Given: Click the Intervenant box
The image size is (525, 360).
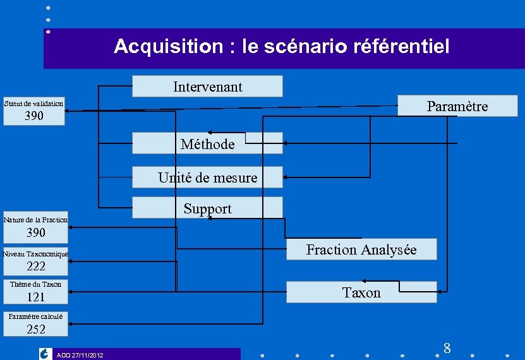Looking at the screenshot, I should tap(207, 87).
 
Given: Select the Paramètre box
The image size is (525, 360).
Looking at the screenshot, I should tap(457, 106).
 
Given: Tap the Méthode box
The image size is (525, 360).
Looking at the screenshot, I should tap(207, 144).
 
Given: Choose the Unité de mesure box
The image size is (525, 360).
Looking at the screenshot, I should tap(207, 178).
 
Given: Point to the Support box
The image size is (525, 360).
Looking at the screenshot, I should tap(207, 208).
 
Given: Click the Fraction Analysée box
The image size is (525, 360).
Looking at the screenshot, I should tap(361, 249).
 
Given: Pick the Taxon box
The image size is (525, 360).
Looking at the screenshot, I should tap(361, 292).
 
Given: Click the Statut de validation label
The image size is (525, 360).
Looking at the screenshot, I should tap(33, 103).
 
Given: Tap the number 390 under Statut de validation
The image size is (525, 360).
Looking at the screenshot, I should tap(34, 116).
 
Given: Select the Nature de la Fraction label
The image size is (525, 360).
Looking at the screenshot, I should tap(35, 220).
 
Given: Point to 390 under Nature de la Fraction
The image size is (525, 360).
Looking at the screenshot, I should tap(35, 233).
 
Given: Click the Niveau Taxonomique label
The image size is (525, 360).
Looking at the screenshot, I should tap(35, 254).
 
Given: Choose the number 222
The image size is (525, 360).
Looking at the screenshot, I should tap(35, 267).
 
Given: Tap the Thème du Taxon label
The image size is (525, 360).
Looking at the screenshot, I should tap(35, 284).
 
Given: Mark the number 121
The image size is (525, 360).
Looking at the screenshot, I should tap(35, 297).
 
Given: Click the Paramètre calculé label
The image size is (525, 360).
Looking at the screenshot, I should tap(35, 316).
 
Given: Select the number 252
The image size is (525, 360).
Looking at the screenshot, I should tap(35, 329).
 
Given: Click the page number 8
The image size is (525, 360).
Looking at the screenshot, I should tap(447, 348).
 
